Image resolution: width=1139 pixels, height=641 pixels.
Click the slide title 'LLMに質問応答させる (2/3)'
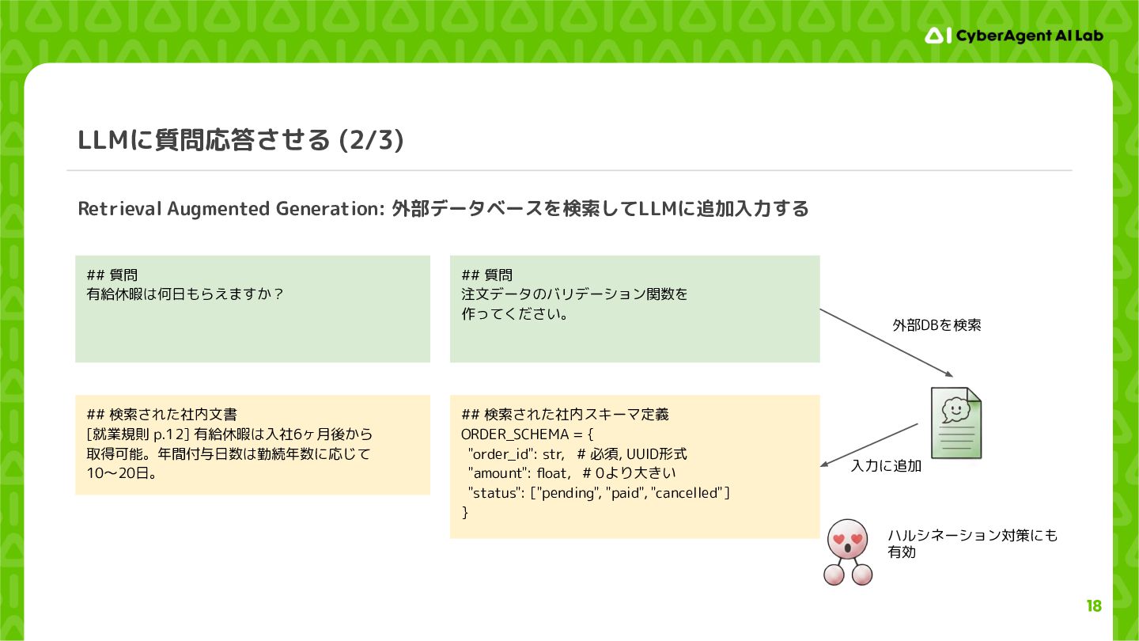pos(241,140)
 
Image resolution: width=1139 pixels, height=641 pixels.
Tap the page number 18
pos(1093,606)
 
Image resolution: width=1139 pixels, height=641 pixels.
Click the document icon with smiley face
pos(955,422)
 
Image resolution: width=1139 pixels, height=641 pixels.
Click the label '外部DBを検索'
pos(937,325)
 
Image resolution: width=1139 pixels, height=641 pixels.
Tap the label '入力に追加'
pos(886,466)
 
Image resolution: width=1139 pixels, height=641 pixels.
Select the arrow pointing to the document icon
pos(886,342)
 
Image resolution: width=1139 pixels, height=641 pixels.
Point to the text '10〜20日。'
pos(120,473)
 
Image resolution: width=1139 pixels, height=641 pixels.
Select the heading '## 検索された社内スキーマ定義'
pos(565,415)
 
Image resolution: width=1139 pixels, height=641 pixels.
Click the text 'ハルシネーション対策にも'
pos(972,536)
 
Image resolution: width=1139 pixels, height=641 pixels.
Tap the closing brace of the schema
pos(465,513)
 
